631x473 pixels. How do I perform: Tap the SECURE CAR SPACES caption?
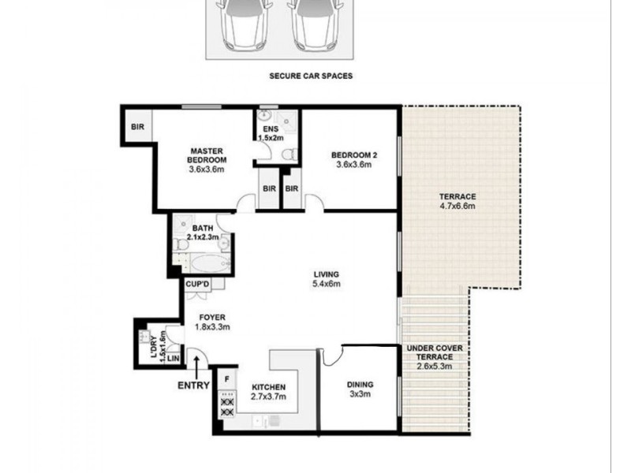311,77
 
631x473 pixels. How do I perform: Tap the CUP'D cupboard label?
197,285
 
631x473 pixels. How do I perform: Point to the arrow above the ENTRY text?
195,366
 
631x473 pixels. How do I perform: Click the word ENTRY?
194,385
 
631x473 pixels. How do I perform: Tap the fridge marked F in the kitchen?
227,379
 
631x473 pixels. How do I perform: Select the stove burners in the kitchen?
227,406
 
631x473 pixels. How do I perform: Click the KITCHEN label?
267,386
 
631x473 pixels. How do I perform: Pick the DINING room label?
360,385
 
